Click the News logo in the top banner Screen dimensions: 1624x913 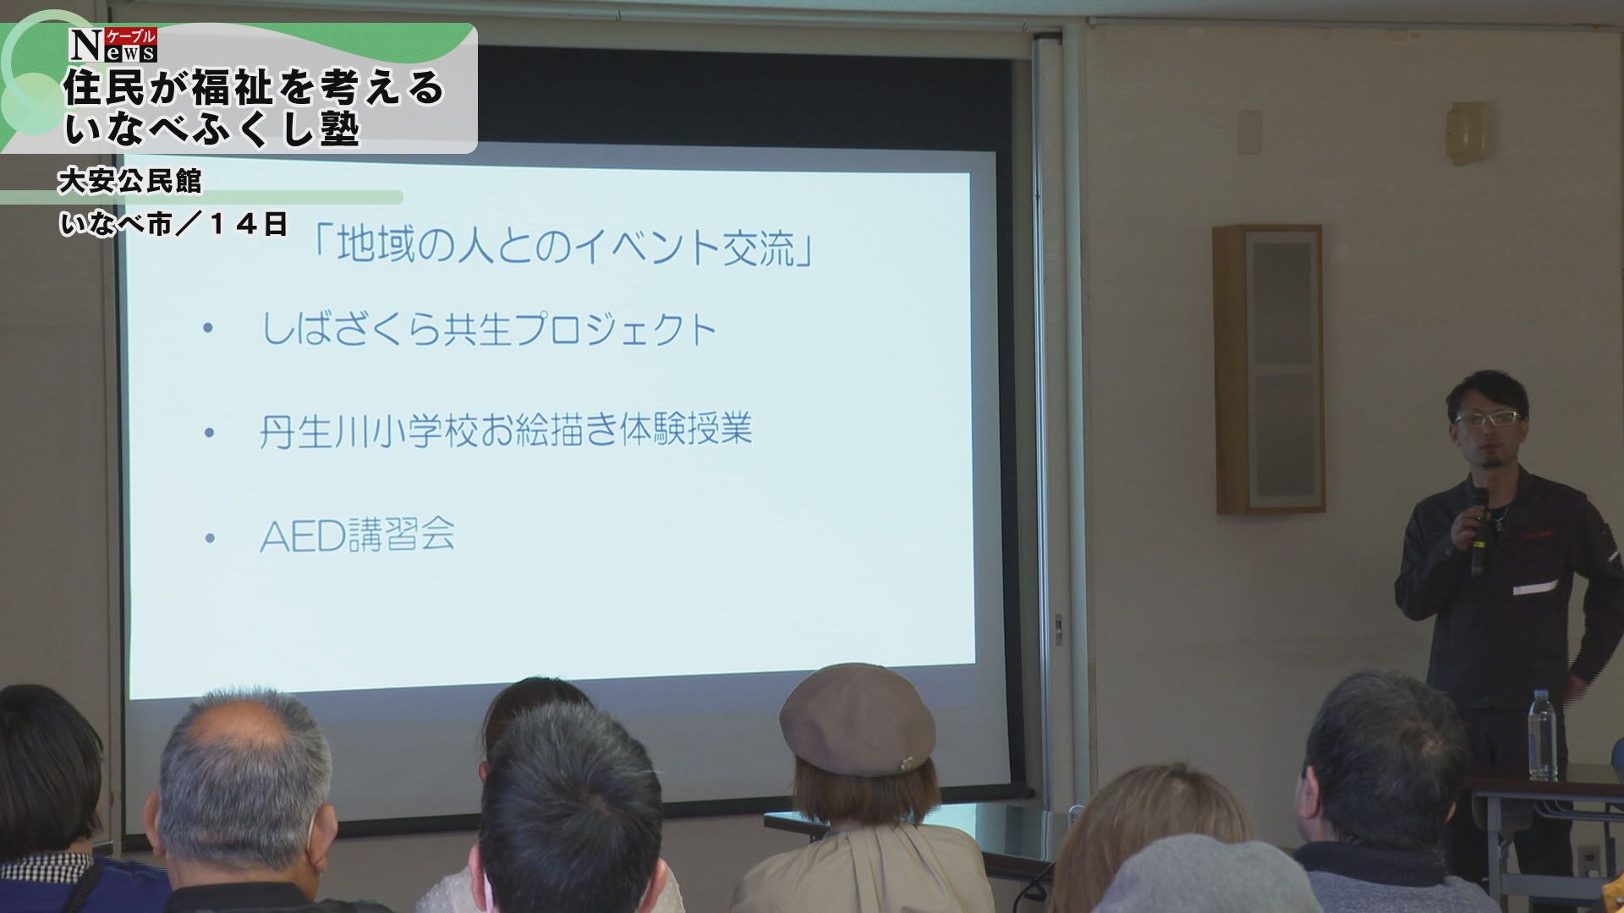point(112,45)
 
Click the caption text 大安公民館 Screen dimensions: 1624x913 point(129,181)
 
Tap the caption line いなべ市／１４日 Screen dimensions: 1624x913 point(173,224)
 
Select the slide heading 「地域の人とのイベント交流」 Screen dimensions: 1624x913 point(561,245)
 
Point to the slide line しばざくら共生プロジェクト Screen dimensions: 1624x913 point(489,329)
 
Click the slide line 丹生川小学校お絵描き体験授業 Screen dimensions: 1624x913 point(505,430)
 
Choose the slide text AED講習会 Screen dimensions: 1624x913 point(357,534)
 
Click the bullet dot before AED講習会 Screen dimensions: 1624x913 point(210,538)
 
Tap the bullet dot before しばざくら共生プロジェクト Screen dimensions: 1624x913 point(208,330)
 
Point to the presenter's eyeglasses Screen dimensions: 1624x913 point(1490,417)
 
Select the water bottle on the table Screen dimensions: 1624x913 point(1542,735)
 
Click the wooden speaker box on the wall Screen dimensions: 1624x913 point(1267,369)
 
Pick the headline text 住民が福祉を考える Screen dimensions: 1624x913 point(254,88)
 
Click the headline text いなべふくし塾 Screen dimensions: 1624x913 point(212,129)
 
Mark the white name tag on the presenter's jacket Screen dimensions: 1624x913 point(1534,587)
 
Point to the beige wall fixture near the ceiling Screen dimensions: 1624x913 point(1467,134)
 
